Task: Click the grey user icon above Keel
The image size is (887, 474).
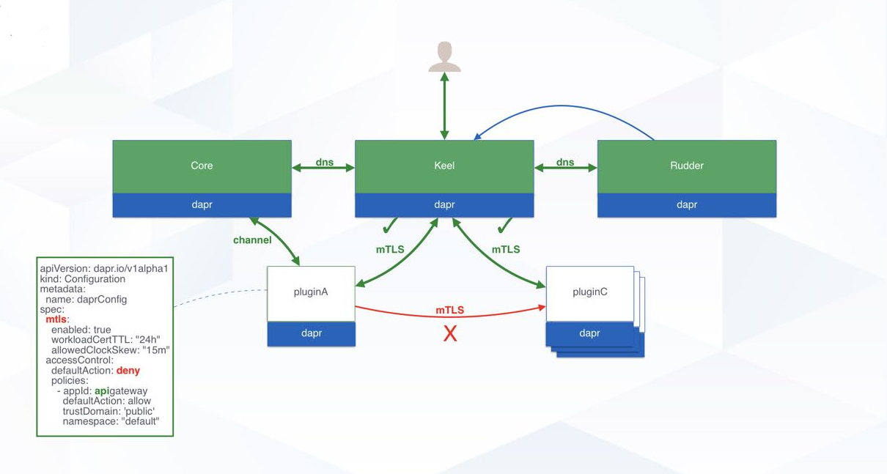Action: click(444, 57)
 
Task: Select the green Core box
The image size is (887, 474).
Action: click(202, 166)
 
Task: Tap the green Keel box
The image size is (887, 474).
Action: click(444, 166)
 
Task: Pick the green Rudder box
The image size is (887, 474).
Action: click(687, 166)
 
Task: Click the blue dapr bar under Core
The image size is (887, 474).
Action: click(202, 205)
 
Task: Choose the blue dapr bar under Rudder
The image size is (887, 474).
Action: click(687, 205)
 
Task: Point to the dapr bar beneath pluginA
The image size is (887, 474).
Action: click(311, 333)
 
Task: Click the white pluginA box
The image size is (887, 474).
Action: click(311, 293)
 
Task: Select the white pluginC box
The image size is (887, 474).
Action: click(589, 293)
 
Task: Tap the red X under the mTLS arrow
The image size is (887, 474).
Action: click(450, 335)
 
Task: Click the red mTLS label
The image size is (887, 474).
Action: click(450, 311)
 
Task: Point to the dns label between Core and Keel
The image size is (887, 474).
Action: click(323, 162)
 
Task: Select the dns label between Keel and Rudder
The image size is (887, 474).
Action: click(565, 162)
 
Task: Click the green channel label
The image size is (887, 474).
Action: click(252, 240)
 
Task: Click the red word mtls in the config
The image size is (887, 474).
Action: click(56, 319)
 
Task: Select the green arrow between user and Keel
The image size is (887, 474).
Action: click(444, 106)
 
